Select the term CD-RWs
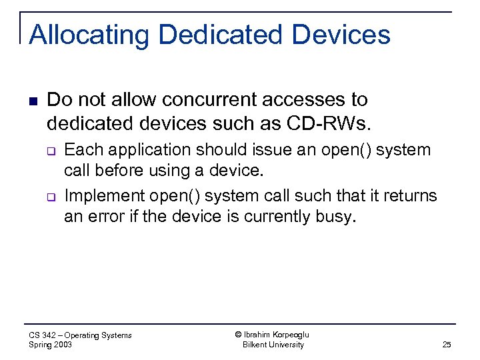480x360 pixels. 319,123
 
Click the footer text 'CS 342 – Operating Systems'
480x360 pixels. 81,335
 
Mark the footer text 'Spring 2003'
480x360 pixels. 51,345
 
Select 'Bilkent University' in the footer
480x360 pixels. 273,345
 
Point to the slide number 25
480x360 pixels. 447,345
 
